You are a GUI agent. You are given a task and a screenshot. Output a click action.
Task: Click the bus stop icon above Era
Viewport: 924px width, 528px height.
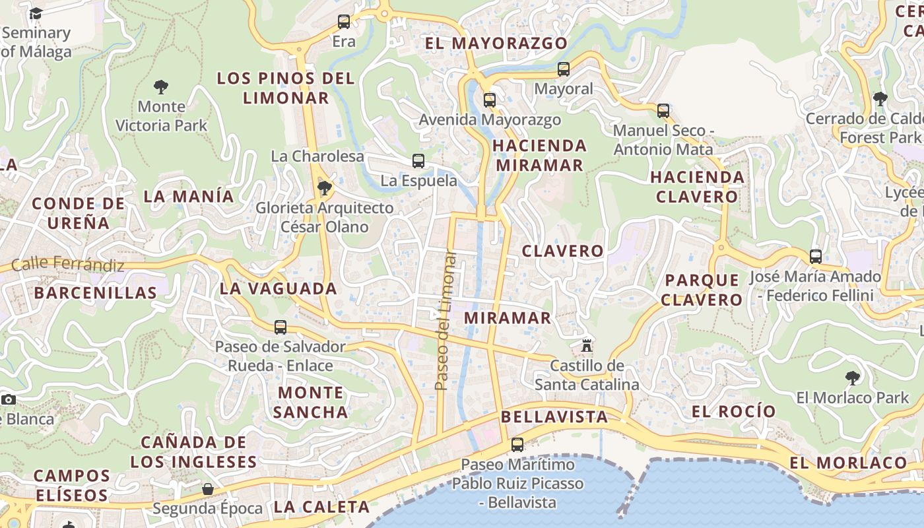(344, 22)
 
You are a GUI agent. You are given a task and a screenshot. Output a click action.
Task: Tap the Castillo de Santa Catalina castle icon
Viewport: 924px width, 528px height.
(586, 345)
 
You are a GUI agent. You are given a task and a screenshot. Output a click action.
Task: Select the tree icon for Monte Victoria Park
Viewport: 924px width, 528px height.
(160, 86)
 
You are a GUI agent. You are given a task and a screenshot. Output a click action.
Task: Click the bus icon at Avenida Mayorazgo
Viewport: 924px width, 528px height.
(489, 100)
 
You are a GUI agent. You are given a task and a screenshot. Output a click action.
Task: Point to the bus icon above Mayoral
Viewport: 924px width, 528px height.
(563, 69)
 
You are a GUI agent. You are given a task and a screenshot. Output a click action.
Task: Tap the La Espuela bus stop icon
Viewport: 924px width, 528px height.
(418, 160)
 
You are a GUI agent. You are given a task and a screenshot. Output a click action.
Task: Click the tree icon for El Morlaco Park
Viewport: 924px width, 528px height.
(852, 378)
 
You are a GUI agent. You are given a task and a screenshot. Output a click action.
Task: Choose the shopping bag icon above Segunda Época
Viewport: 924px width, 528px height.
(207, 489)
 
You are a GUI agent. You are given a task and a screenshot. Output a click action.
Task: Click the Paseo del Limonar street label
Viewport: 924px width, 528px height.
(445, 320)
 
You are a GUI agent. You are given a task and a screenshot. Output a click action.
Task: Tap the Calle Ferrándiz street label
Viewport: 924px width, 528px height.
(68, 264)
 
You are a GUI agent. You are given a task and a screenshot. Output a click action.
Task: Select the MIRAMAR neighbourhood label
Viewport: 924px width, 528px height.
(508, 317)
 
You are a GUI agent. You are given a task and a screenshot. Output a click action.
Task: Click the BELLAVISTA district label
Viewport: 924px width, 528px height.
(554, 416)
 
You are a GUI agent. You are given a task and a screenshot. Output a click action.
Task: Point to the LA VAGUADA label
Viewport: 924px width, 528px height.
(279, 288)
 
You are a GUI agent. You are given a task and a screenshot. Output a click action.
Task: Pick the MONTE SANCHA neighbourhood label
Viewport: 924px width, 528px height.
(310, 402)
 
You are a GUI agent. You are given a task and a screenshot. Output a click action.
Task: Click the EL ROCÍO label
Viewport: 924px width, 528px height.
(734, 411)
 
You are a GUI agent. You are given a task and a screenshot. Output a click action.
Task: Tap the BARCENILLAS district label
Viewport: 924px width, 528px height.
(96, 292)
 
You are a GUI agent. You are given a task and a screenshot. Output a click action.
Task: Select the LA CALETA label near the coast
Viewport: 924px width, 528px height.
(321, 507)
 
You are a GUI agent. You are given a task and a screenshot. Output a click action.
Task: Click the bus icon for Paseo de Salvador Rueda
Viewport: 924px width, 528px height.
(280, 327)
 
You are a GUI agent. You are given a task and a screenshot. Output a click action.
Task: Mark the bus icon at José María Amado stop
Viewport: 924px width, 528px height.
(816, 257)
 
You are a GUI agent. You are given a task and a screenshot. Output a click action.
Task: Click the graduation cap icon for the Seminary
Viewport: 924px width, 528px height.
(36, 13)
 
